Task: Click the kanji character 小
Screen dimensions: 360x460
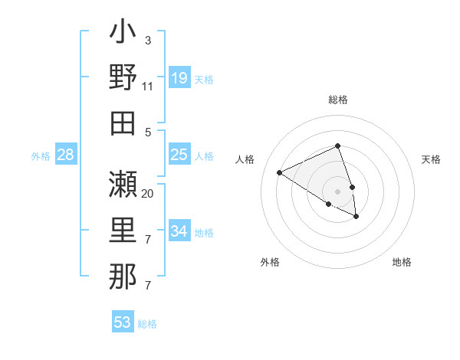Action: [x=123, y=34]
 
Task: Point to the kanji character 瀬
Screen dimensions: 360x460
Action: [x=123, y=184]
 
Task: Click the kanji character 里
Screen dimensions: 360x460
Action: [x=123, y=230]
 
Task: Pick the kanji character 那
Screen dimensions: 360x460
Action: [x=123, y=276]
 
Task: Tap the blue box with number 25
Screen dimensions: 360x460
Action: [x=179, y=155]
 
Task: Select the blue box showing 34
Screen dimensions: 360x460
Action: [x=179, y=231]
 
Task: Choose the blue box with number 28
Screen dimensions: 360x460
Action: [x=66, y=155]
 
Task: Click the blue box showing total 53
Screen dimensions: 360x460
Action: [x=123, y=322]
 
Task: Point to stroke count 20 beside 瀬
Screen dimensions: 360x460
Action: [x=148, y=193]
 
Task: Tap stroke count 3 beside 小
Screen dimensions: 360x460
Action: [x=147, y=40]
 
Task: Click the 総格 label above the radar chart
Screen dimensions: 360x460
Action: [x=338, y=100]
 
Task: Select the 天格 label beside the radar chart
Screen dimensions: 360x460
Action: [x=431, y=159]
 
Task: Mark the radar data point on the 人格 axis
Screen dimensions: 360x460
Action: [x=280, y=173]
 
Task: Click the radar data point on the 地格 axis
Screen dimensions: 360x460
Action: [x=356, y=217]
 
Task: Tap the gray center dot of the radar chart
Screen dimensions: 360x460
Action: [x=338, y=191]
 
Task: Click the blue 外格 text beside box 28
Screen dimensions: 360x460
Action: [x=41, y=156]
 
